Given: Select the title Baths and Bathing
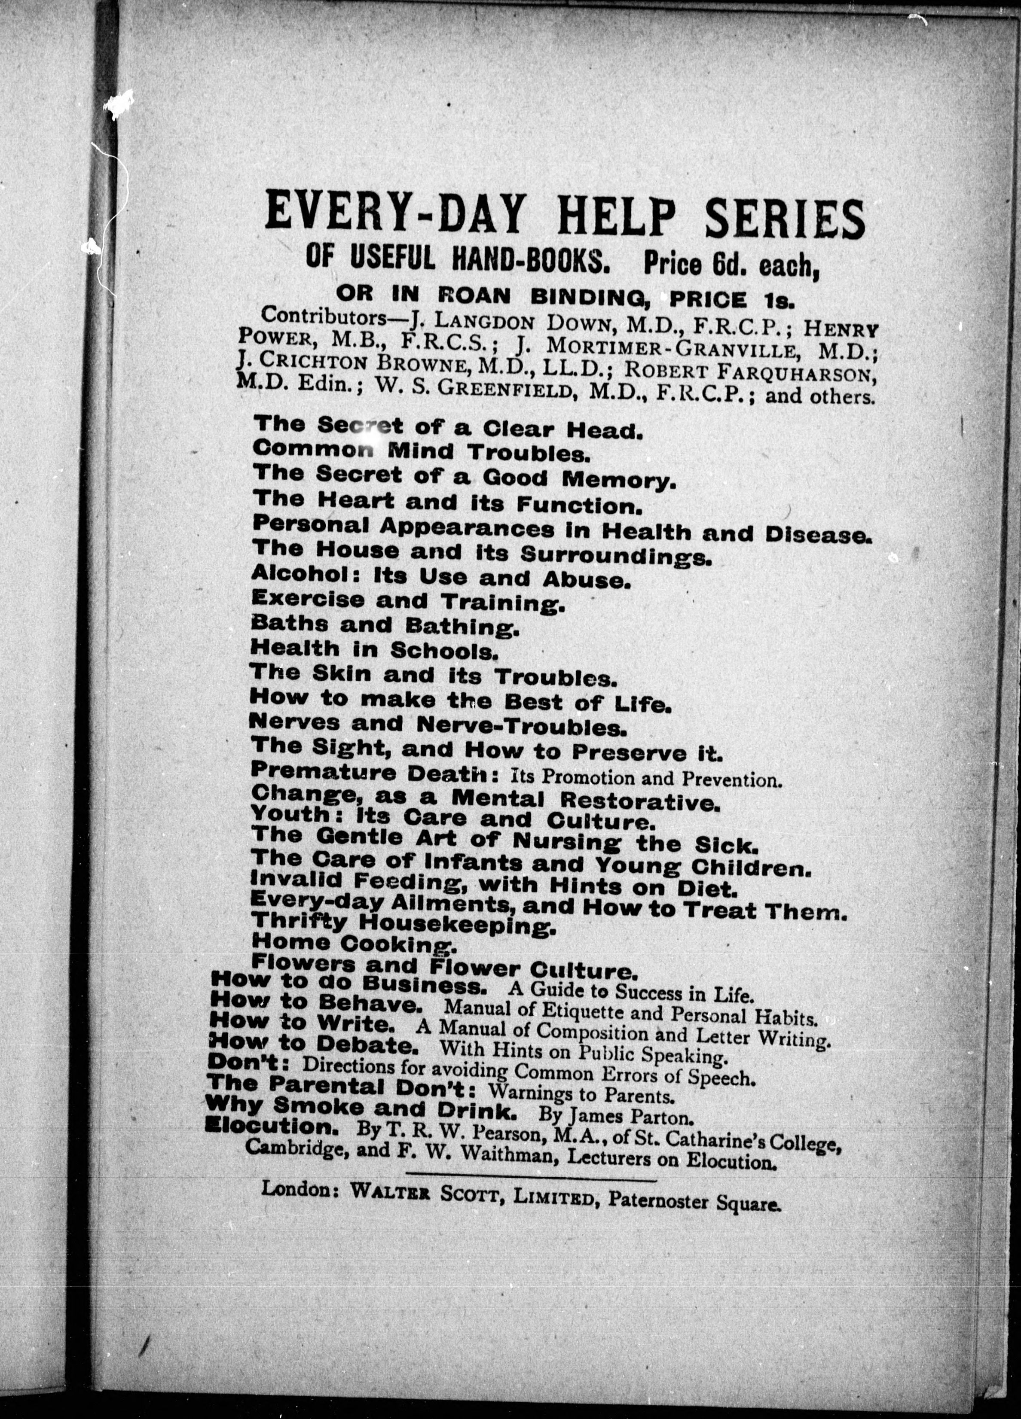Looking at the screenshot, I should point(384,625).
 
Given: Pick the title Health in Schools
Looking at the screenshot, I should point(374,650).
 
